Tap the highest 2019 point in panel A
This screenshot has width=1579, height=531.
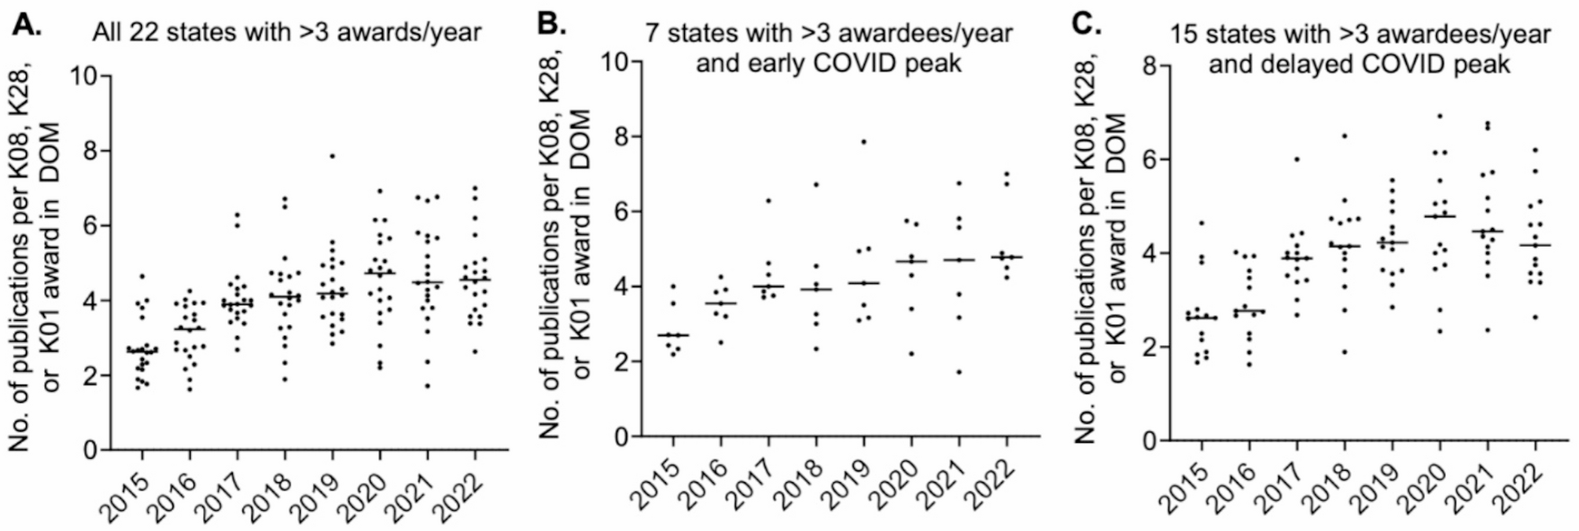[x=333, y=156]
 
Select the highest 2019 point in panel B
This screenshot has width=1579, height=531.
[x=863, y=142]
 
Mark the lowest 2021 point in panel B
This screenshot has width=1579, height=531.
[x=959, y=372]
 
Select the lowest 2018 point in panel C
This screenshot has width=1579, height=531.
[x=1345, y=352]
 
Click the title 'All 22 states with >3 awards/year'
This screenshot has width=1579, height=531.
[x=286, y=32]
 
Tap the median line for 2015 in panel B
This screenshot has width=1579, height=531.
[x=673, y=336]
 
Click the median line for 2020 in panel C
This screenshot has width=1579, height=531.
[x=1440, y=216]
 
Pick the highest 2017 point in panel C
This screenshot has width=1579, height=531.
[x=1297, y=159]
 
